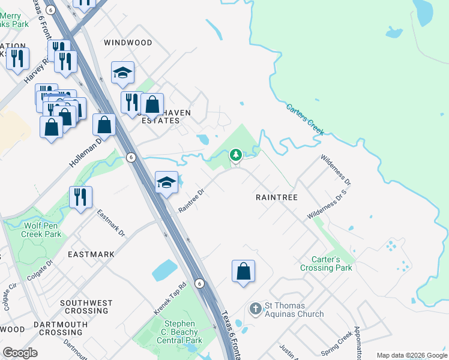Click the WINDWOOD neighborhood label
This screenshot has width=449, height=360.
pyautogui.click(x=128, y=43)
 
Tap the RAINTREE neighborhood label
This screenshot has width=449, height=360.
pyautogui.click(x=277, y=197)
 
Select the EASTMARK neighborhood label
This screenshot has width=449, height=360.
pyautogui.click(x=91, y=254)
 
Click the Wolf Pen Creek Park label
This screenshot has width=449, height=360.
pyautogui.click(x=43, y=230)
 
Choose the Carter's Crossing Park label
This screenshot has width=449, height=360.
pyautogui.click(x=327, y=263)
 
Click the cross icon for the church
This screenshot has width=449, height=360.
pyautogui.click(x=255, y=309)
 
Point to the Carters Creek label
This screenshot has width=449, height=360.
pyautogui.click(x=305, y=119)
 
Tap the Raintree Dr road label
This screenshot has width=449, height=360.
pyautogui.click(x=192, y=201)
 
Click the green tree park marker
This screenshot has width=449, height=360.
pyautogui.click(x=236, y=156)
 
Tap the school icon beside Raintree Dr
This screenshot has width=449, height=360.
pyautogui.click(x=166, y=182)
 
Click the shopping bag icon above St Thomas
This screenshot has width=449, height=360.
pyautogui.click(x=243, y=271)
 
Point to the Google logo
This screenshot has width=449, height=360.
pyautogui.click(x=20, y=353)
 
